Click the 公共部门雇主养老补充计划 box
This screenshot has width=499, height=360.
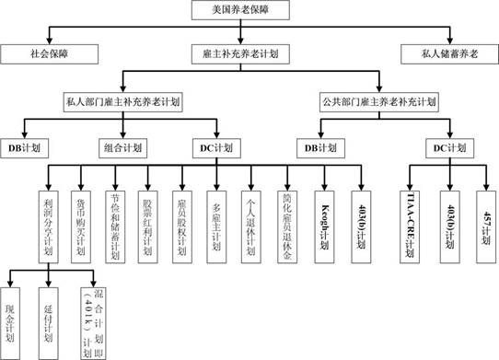(x=378, y=99)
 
